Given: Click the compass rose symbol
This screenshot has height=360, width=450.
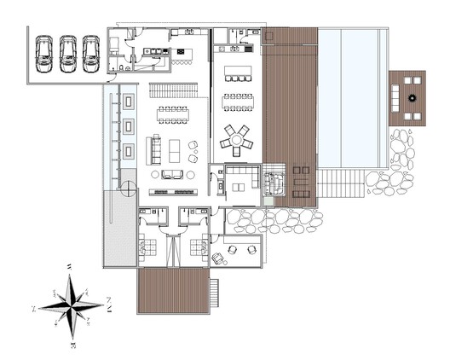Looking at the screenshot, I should (72, 305).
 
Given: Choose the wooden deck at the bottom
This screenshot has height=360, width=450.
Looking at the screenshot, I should (173, 292).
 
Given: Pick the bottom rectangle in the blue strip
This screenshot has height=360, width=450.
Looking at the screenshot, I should (129, 152).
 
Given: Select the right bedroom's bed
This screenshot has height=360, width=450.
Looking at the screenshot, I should (197, 248).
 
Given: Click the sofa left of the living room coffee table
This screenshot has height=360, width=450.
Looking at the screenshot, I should (155, 149).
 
